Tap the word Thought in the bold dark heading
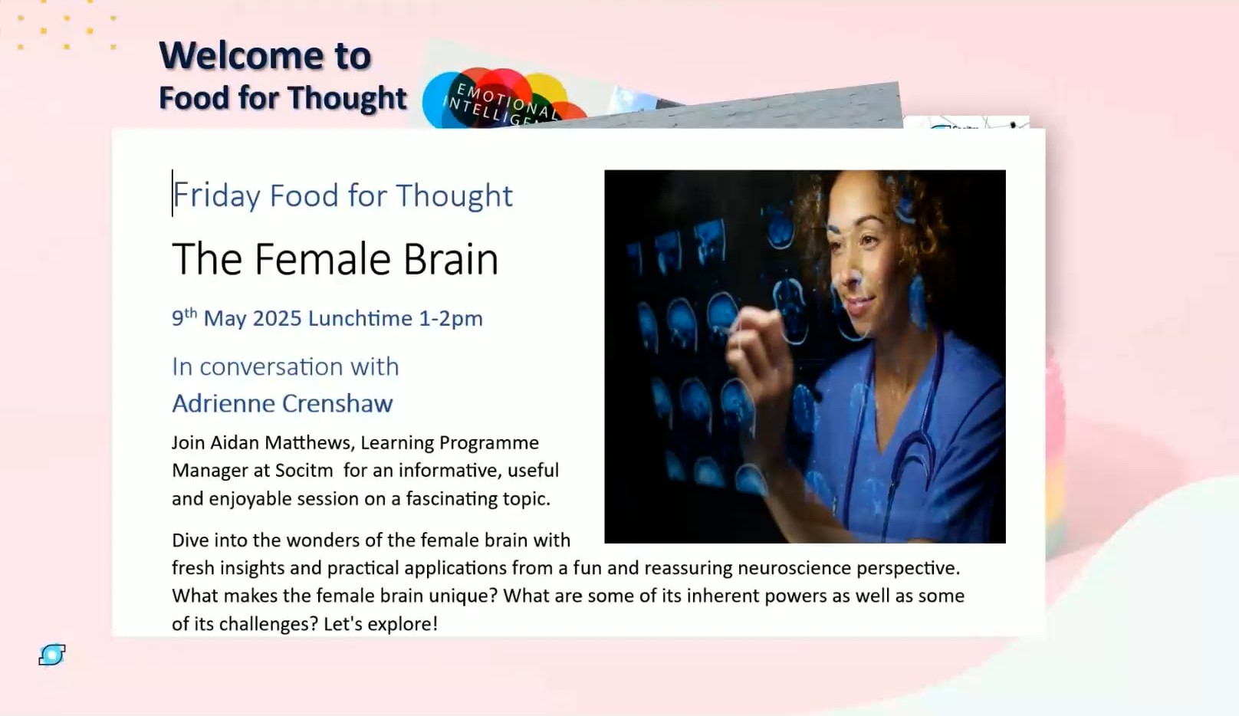pos(347,98)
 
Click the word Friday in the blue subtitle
pos(216,196)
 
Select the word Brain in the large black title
pos(451,259)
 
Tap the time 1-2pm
pos(451,319)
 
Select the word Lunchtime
pos(360,318)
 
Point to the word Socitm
pos(304,471)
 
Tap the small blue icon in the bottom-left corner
pos(52,655)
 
